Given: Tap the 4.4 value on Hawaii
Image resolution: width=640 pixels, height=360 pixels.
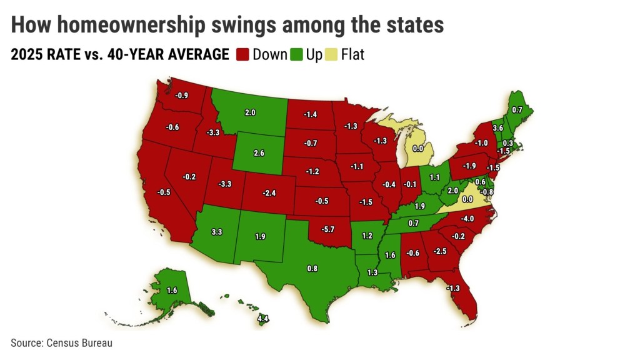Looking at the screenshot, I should coord(264,319).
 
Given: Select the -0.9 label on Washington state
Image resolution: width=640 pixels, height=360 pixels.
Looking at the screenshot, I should coord(181,96).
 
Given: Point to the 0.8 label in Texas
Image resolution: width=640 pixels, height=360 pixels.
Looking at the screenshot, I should coord(312,269).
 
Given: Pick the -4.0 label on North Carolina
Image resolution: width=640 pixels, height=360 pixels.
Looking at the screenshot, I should coord(467,218).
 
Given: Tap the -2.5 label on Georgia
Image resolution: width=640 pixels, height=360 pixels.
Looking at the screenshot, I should coord(440,251).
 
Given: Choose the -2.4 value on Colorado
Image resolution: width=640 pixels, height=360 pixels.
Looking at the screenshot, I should coord(269,193).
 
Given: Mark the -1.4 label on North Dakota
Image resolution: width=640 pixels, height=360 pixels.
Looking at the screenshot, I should coord(311,114).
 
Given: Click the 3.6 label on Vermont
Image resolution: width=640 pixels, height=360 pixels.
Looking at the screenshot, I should coord(498,127).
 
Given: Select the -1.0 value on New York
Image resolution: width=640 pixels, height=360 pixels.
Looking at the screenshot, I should coord(481,142).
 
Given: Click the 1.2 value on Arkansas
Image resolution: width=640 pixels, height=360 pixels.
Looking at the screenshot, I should coord(367,236).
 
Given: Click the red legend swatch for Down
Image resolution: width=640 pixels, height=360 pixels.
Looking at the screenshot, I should coord(242,55).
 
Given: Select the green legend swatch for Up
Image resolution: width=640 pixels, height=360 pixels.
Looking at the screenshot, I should coord(297,55).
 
